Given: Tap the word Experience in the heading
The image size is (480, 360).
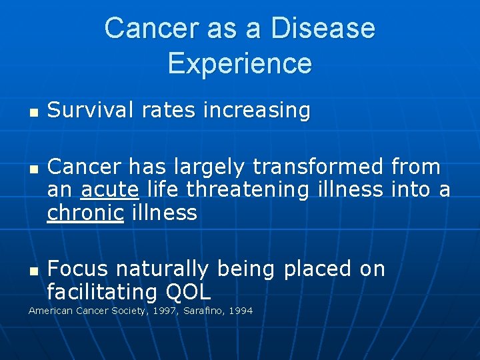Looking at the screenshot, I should click(x=240, y=63).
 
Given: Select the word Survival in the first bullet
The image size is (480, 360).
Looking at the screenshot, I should click(x=84, y=110).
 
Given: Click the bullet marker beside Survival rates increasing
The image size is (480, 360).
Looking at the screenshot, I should click(x=32, y=111).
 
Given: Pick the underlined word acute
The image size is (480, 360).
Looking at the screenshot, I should click(x=109, y=190).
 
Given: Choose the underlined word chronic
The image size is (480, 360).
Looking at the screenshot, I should click(x=85, y=213).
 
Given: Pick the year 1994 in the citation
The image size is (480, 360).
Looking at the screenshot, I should click(x=241, y=311).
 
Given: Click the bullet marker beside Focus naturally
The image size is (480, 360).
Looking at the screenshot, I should click(x=32, y=270).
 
